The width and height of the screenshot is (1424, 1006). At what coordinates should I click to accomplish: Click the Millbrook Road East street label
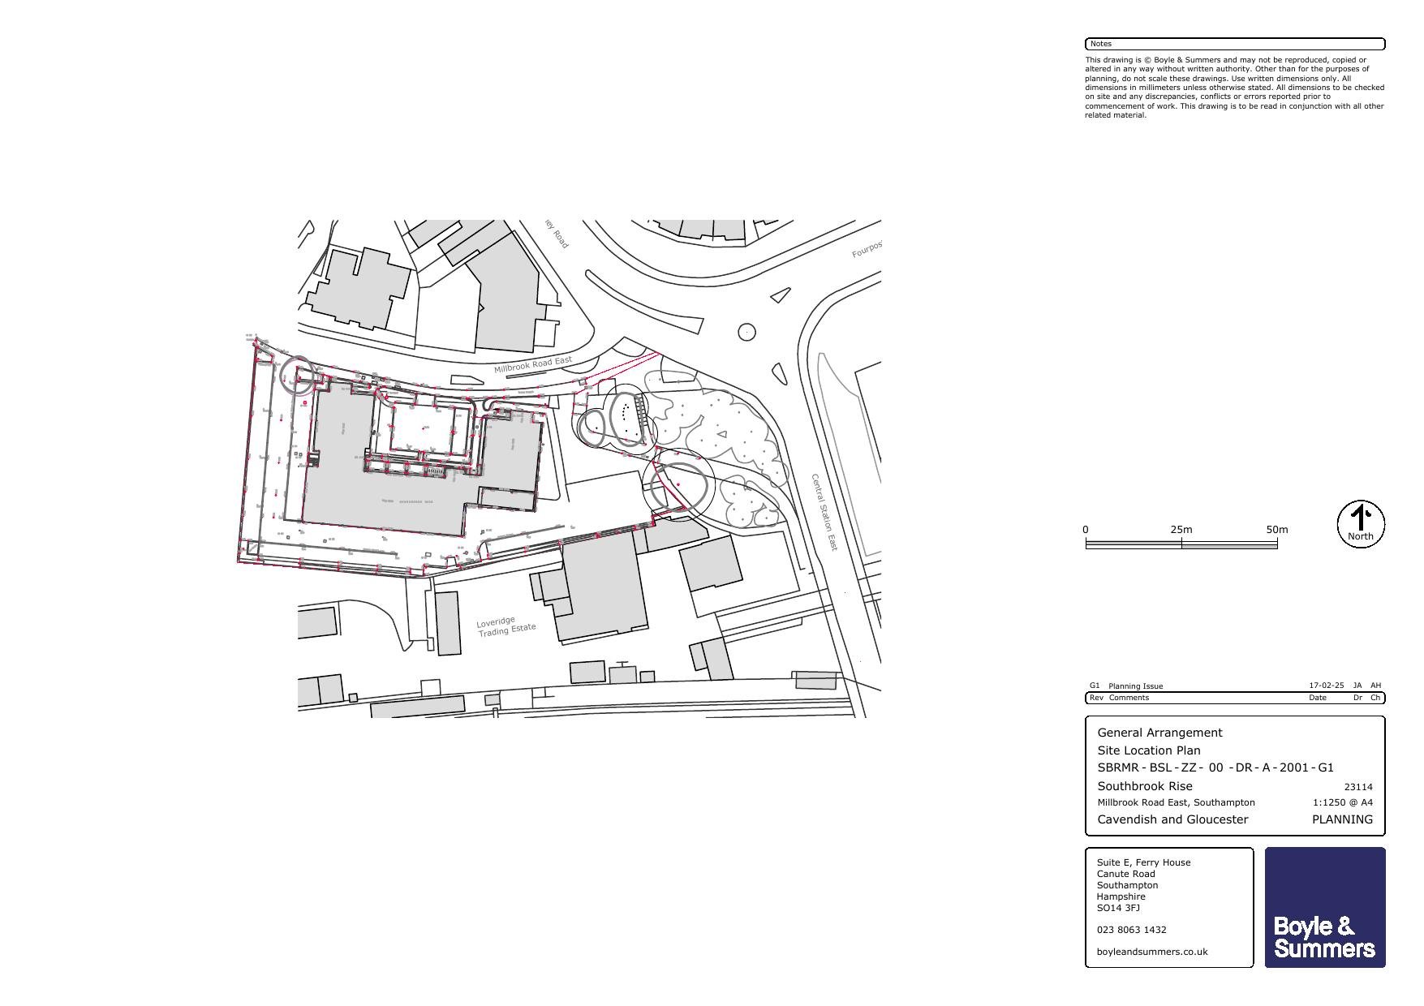pos(532,364)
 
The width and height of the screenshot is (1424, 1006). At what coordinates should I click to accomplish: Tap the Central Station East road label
pos(824,513)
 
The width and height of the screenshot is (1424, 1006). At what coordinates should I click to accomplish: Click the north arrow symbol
pos(1361,524)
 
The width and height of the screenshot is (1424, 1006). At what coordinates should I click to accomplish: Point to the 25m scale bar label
pos(1181,530)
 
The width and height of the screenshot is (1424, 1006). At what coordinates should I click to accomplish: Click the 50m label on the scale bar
pos(1276,530)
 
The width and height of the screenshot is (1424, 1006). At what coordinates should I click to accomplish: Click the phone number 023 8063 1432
pos(1131,930)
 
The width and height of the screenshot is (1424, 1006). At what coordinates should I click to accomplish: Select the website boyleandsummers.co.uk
pos(1151,952)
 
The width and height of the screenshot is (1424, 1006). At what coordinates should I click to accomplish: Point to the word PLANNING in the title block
pos(1342,819)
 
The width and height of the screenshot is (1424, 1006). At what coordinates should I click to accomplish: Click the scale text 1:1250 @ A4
pos(1342,802)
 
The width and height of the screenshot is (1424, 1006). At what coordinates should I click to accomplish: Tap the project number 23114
pos(1357,787)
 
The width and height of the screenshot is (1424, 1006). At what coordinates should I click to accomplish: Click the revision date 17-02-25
pos(1326,686)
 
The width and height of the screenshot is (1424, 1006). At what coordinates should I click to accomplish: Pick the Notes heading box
pos(1234,44)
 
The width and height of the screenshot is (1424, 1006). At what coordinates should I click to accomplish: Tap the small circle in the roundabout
pos(746,332)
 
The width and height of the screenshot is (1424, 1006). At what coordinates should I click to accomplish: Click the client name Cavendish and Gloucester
pos(1172,819)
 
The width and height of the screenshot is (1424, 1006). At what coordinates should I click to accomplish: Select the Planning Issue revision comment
pos(1135,686)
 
